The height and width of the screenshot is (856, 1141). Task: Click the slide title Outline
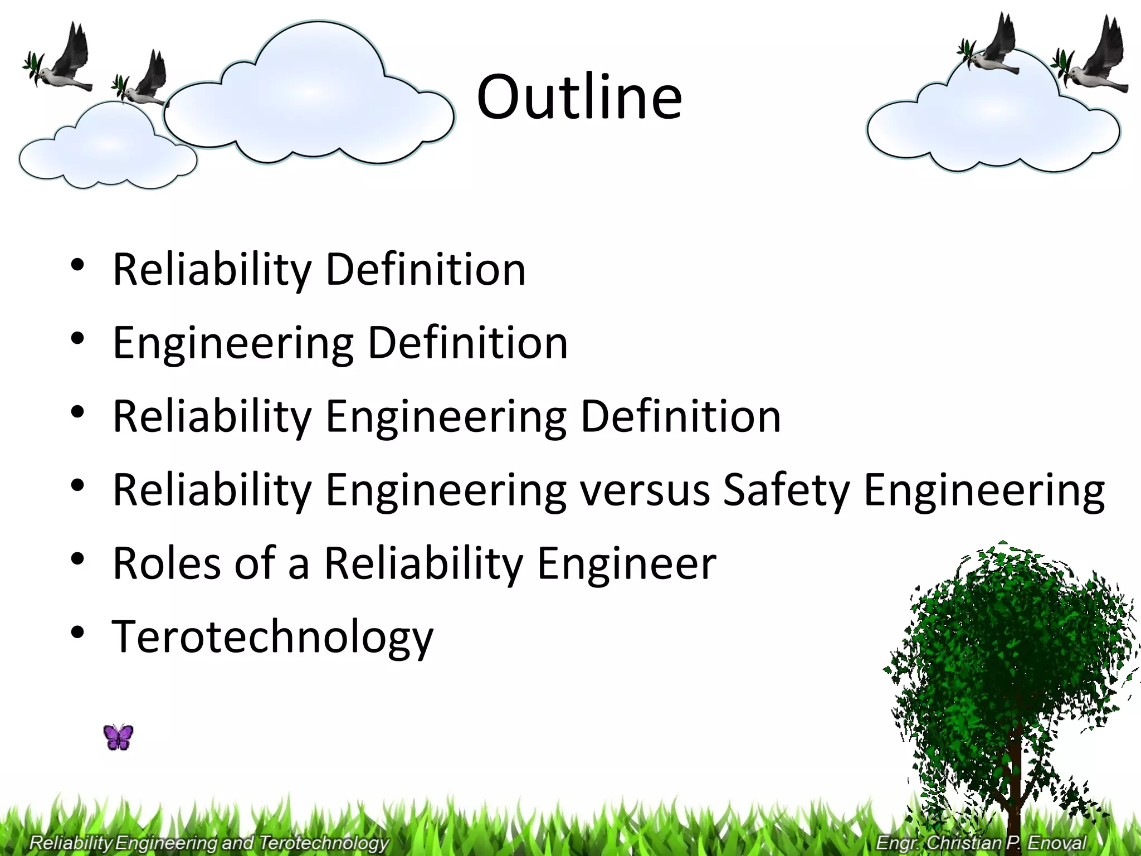[579, 98]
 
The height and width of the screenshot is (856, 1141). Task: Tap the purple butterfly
[118, 737]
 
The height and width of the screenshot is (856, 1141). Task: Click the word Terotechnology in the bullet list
[272, 636]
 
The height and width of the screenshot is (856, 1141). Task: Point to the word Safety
[786, 491]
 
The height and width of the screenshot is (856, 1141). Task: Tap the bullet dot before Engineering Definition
[77, 338]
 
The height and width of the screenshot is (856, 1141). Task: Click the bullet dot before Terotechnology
[77, 633]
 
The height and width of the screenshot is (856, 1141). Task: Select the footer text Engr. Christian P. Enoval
[981, 842]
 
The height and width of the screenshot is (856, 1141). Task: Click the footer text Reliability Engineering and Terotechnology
[208, 842]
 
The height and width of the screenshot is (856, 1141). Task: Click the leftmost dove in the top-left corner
[61, 61]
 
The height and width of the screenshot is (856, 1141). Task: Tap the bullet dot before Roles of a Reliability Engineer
[77, 559]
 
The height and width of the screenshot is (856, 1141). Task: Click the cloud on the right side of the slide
[992, 123]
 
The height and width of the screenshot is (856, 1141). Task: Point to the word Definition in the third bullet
[680, 416]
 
